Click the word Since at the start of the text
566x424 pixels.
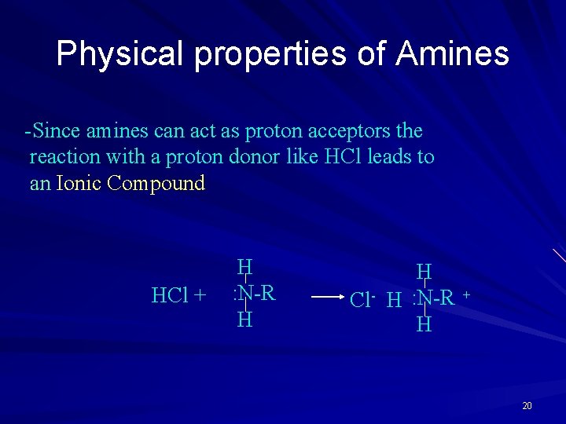[53, 130]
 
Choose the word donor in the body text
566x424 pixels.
[253, 157]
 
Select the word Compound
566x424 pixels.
[156, 184]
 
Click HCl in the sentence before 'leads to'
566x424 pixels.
[342, 157]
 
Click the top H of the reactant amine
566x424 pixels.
[244, 267]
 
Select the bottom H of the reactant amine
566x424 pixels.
[244, 320]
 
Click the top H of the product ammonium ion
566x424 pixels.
[424, 272]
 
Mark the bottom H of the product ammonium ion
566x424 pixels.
[424, 324]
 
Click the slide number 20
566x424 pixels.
[527, 405]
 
